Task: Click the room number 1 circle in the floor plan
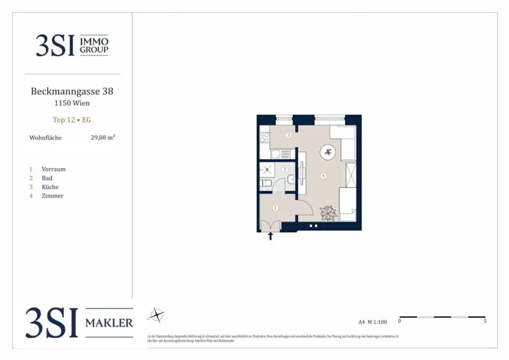275,207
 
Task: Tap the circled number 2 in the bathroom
285,170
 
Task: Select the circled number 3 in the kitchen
288,135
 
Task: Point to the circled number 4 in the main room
323,176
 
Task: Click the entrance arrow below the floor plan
270,236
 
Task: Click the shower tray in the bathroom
266,169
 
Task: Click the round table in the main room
328,152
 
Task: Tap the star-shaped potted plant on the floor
328,213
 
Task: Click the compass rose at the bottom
157,315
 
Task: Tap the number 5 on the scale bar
485,321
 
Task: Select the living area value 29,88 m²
103,138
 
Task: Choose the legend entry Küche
50,187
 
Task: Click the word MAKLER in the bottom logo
109,323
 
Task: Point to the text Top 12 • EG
72,120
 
